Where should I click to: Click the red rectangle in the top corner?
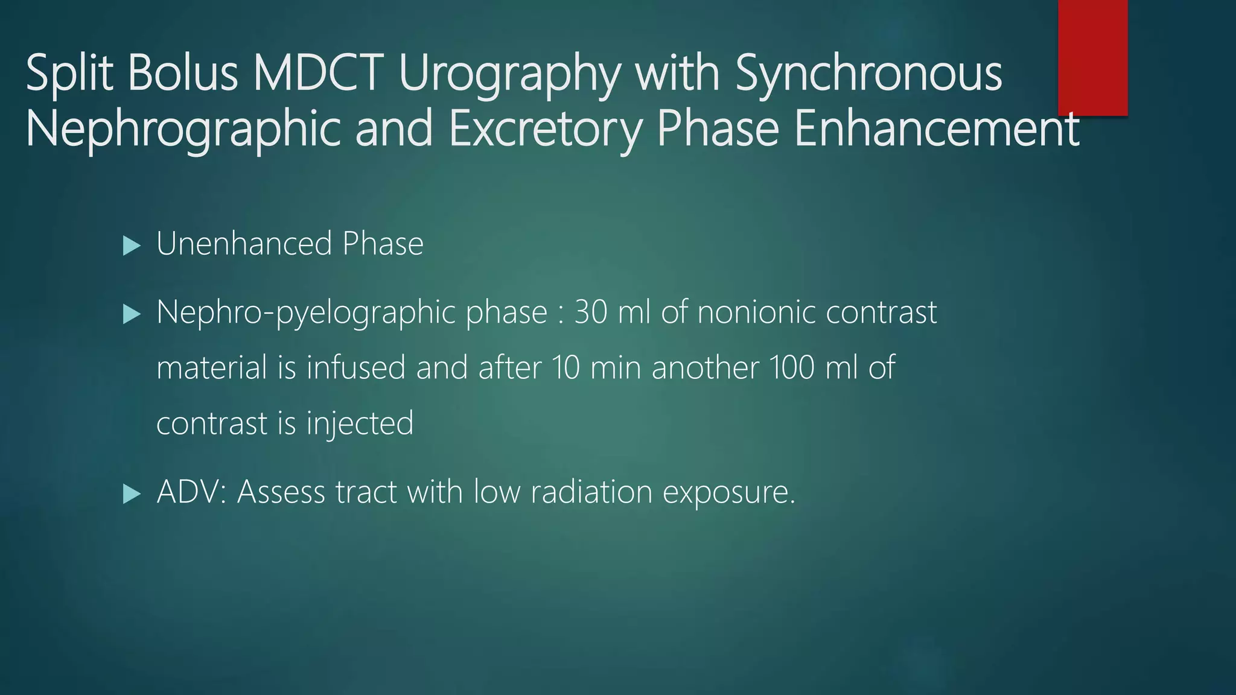(x=1092, y=57)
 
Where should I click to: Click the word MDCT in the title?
(x=318, y=74)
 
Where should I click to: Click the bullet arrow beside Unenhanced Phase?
(x=131, y=246)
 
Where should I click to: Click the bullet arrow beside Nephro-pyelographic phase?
(x=131, y=314)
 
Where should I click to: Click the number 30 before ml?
(x=590, y=313)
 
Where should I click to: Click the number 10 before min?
(x=565, y=367)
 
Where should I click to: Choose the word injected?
(x=360, y=424)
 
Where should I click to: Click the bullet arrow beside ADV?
(x=131, y=494)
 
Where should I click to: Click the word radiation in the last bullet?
(x=591, y=492)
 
